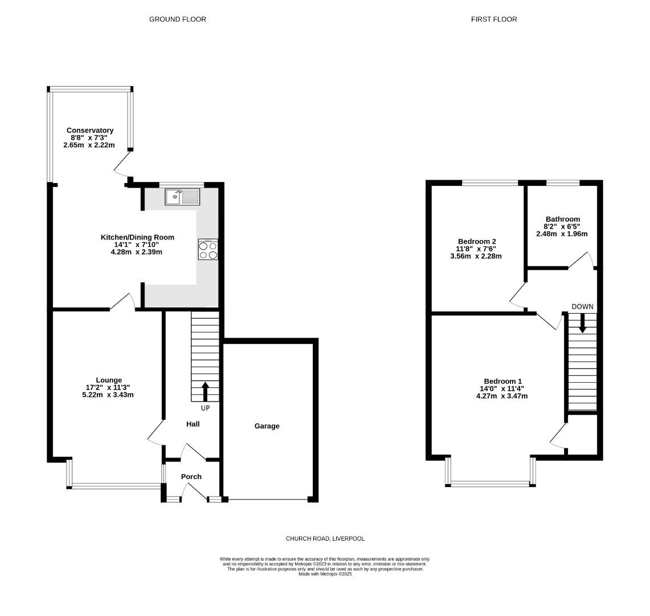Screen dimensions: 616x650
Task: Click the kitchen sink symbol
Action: click(x=183, y=197)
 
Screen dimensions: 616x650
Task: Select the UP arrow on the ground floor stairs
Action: click(x=205, y=392)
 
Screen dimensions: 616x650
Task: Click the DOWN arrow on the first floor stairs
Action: click(x=582, y=323)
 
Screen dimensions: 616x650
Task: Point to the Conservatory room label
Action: click(x=90, y=131)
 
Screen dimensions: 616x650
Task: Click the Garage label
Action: click(x=267, y=426)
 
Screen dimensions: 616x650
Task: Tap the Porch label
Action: click(x=191, y=477)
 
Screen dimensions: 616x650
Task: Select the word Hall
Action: click(x=193, y=424)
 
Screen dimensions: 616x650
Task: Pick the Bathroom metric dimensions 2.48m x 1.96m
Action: click(x=562, y=234)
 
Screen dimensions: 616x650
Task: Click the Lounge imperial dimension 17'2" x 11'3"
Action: click(x=108, y=388)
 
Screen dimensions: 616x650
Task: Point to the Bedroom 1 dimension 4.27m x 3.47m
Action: click(x=502, y=396)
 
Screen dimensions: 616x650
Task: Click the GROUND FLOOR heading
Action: click(x=178, y=19)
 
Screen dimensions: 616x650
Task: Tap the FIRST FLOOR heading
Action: click(x=494, y=19)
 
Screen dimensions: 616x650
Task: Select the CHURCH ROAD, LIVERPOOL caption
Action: click(x=325, y=538)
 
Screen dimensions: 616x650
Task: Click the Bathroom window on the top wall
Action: click(x=563, y=183)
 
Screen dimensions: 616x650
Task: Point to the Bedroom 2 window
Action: click(x=490, y=183)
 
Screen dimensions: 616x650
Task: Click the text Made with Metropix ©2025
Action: click(x=325, y=574)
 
